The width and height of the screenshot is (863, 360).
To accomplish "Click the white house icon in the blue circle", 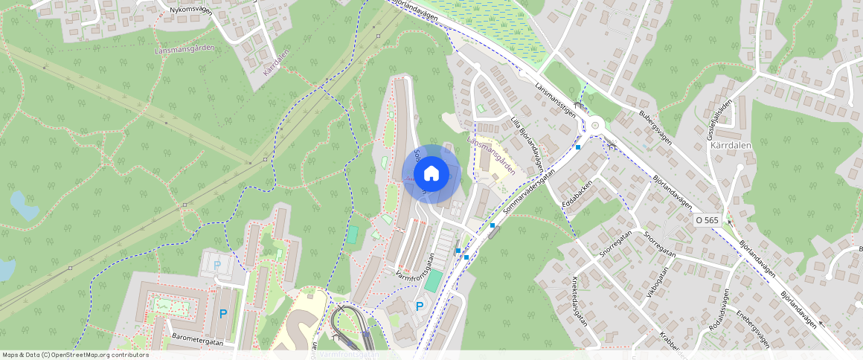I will pyautogui.click(x=431, y=174).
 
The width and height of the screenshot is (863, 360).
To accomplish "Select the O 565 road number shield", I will pyautogui.click(x=707, y=220).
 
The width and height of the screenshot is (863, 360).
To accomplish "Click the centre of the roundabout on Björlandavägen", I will pyautogui.click(x=595, y=125).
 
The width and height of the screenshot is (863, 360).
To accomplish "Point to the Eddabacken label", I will pyautogui.click(x=577, y=195).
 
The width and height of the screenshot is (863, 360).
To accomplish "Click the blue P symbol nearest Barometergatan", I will pyautogui.click(x=222, y=315).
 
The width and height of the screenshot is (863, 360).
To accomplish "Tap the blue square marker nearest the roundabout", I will pyautogui.click(x=578, y=147).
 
